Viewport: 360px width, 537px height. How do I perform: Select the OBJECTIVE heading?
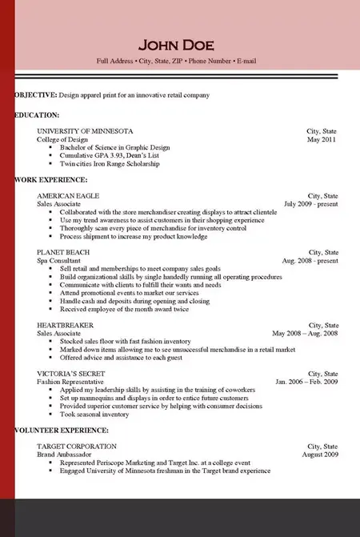(36, 95)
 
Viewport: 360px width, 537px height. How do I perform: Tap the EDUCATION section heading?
(37, 115)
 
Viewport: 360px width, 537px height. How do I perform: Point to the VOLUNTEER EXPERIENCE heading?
(62, 431)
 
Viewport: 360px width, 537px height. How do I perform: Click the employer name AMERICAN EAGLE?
(68, 195)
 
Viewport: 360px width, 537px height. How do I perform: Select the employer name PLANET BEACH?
(63, 252)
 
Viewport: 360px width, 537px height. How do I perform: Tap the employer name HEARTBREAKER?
(66, 325)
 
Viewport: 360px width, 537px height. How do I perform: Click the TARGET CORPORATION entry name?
(77, 446)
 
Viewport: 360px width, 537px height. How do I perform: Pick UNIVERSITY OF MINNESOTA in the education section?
(86, 130)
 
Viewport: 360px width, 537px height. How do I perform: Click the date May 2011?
(322, 139)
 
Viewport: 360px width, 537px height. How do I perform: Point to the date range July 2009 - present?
(311, 204)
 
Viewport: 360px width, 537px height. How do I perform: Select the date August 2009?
(319, 455)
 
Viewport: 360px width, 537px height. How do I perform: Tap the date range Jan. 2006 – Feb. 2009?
(306, 383)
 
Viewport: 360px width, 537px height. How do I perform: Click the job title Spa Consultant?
(58, 261)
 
